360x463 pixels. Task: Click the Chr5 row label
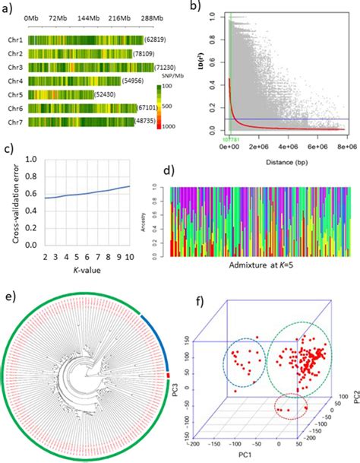tap(14, 94)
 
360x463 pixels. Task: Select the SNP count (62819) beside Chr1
tap(156, 39)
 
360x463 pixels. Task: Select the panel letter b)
tap(197, 8)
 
